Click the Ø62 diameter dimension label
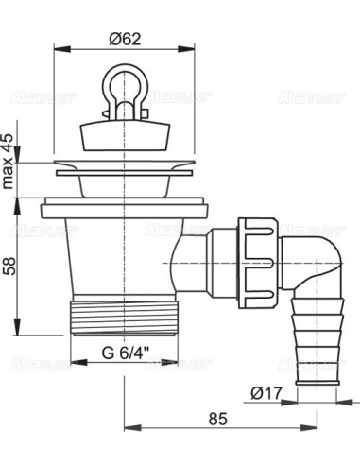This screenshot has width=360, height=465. (x=125, y=39)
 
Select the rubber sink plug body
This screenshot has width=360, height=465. (x=125, y=138)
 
